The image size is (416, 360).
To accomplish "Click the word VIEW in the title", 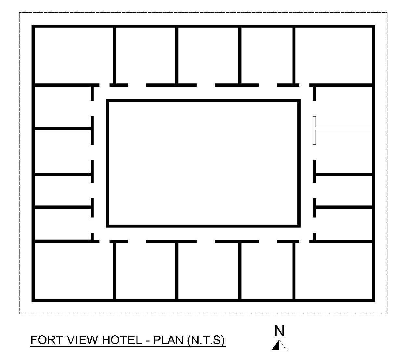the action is tap(82, 340).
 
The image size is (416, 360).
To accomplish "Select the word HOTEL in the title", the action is tap(122, 340).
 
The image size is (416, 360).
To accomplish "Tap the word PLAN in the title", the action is tap(168, 340).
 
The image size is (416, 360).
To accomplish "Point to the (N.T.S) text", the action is tap(206, 340).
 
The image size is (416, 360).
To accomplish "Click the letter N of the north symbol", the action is tap(279, 331).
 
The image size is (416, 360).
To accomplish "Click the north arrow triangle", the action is tap(279, 345).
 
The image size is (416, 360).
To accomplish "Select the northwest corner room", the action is tap(74, 55).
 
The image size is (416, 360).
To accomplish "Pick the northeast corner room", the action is tap(333, 55).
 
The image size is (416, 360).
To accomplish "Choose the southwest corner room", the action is tap(74, 271).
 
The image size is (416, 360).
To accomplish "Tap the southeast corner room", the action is tap(333, 271).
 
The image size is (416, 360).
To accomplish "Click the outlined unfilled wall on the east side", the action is tap(342, 129).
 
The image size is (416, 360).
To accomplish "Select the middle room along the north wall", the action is tap(208, 55).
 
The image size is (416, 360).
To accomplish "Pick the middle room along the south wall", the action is tap(208, 271).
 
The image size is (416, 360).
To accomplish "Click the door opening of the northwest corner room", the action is tap(104, 85).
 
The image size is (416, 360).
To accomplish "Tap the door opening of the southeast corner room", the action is tap(304, 241).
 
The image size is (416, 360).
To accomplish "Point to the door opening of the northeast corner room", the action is tap(304, 85).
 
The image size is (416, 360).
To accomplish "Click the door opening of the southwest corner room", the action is tap(104, 241).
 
